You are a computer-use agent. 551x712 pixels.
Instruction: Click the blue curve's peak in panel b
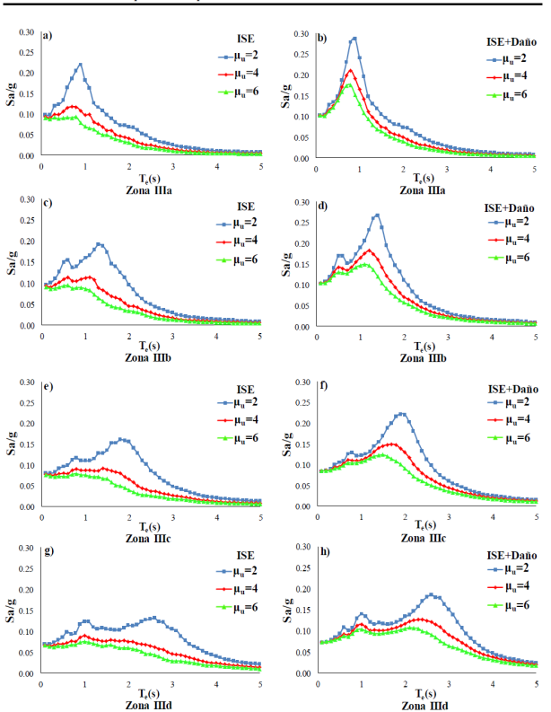(355, 39)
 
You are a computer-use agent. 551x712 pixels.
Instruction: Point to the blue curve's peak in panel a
(81, 64)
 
